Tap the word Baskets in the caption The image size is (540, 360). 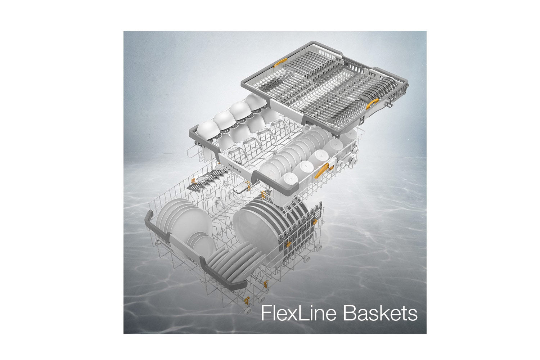[x=381, y=313]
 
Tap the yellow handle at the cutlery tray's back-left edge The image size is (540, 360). [x=280, y=62]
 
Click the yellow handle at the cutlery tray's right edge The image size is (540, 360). [x=372, y=104]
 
